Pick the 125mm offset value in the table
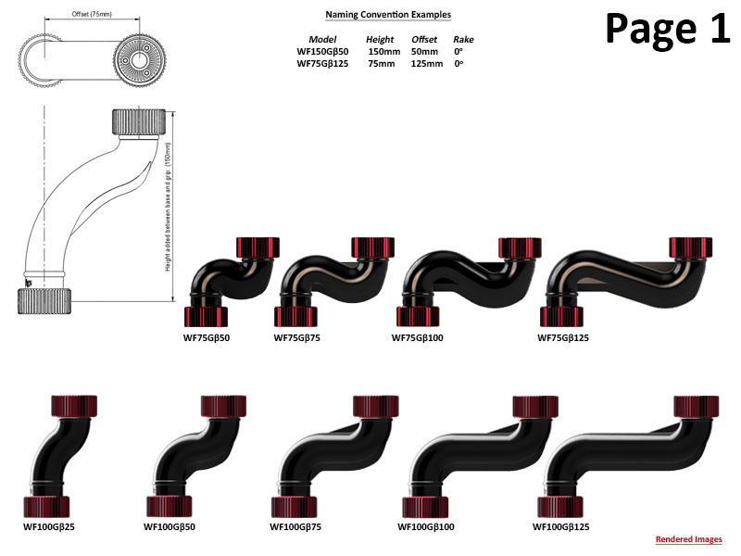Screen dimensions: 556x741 (424, 63)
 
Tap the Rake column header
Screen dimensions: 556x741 (462, 40)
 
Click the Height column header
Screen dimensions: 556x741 (380, 40)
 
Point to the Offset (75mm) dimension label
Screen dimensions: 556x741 (92, 14)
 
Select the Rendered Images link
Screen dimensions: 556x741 (688, 539)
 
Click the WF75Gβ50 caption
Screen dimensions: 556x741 (206, 338)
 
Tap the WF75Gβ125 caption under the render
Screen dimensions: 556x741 (563, 338)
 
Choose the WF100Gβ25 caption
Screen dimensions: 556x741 (47, 526)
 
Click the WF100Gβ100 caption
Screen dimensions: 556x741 (426, 526)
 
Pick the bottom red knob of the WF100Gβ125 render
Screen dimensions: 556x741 (560, 506)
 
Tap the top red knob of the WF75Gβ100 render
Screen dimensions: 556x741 (520, 247)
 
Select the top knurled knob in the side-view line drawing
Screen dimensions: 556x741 (141, 121)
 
